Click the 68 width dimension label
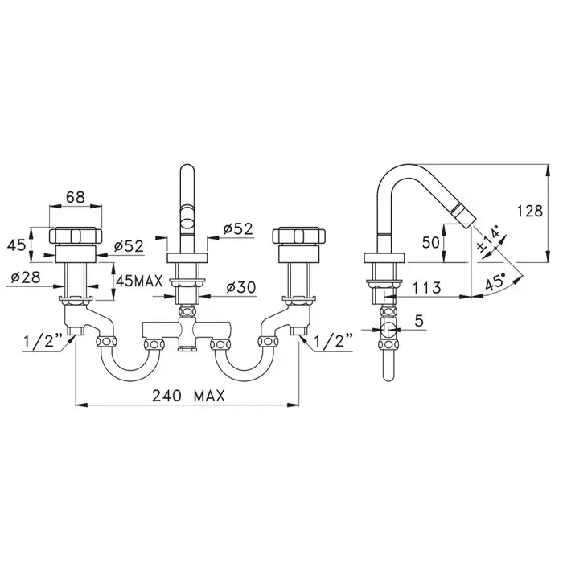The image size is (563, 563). point(76,197)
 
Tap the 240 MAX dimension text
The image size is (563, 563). point(188,396)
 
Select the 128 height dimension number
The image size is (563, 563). point(529,211)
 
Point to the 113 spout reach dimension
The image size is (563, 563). point(426,288)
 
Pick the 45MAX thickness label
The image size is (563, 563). point(139,281)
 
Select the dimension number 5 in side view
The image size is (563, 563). point(419,320)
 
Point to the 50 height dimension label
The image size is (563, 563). point(430,243)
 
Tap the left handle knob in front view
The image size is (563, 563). point(76,236)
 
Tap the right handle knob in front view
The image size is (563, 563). point(299,236)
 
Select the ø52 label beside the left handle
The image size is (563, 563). point(129,246)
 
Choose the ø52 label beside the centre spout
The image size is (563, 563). point(238,228)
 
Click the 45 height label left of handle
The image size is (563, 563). point(17,245)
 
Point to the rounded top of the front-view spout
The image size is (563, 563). point(187,169)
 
